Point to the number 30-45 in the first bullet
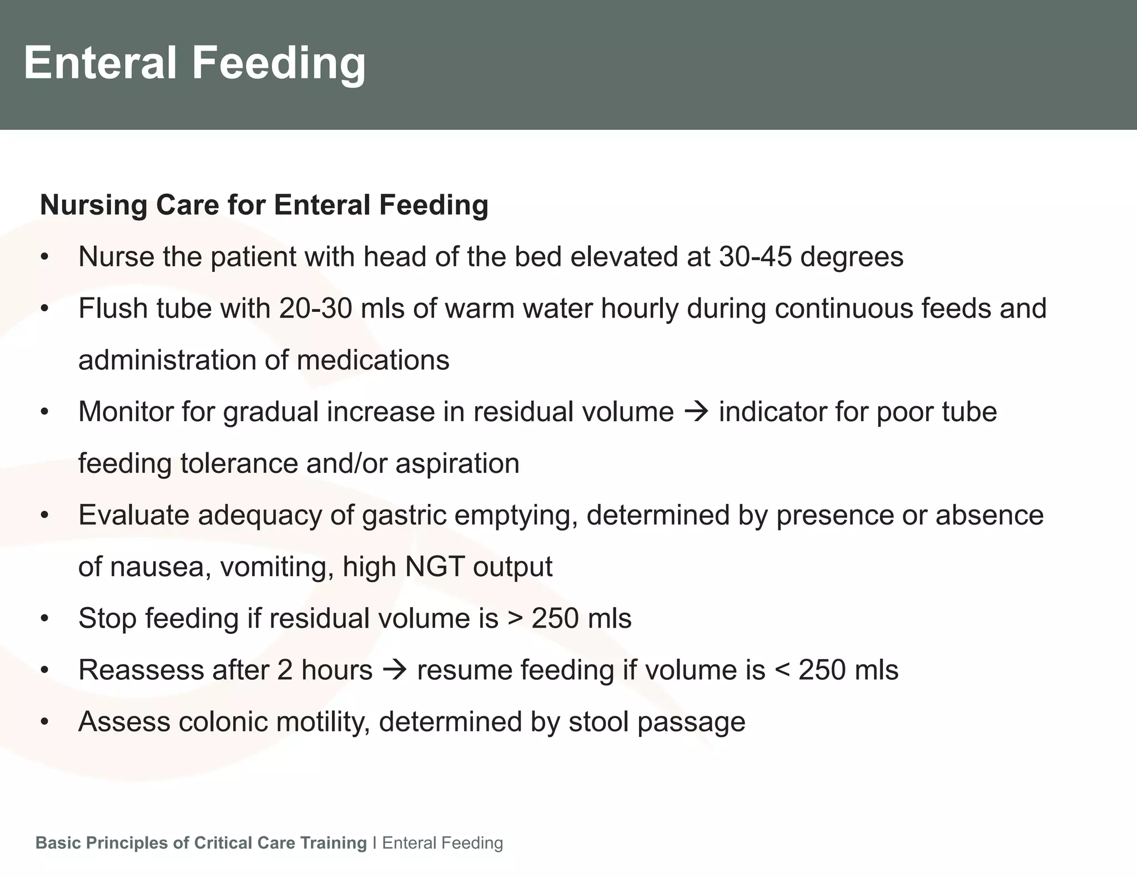click(x=754, y=256)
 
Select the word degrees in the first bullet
click(x=852, y=256)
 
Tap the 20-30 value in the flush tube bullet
click(x=315, y=308)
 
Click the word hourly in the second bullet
click(x=639, y=308)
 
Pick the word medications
click(x=373, y=360)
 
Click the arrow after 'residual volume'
click(x=696, y=412)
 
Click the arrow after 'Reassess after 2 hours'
click(x=394, y=670)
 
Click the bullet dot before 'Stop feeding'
click(x=45, y=619)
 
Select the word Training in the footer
click(x=333, y=842)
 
